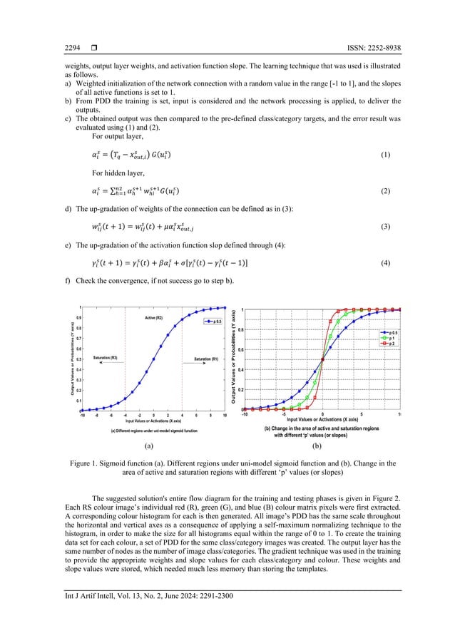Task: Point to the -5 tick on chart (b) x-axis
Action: (283, 414)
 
